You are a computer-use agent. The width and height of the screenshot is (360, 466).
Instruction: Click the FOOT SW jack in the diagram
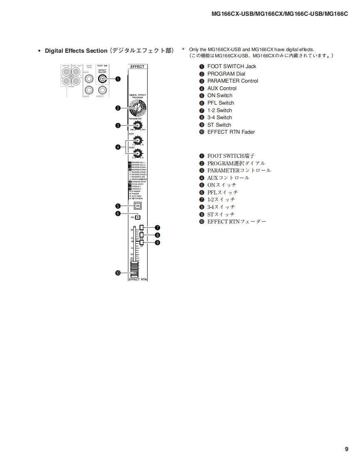tap(102, 78)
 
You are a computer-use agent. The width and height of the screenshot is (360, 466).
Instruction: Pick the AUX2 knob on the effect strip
tap(137, 153)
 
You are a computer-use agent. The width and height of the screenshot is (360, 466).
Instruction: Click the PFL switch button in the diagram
tap(138, 217)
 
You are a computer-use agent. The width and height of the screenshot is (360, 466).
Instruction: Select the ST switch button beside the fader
tap(142, 243)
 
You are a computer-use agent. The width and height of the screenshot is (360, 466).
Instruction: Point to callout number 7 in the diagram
tap(158, 228)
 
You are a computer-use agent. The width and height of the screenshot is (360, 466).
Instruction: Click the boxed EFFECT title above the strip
tap(137, 66)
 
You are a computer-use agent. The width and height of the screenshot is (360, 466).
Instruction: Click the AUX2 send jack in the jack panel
tap(88, 90)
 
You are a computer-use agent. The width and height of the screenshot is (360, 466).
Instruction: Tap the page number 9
tap(346, 449)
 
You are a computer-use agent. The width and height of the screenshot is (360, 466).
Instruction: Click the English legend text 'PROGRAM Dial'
tap(226, 74)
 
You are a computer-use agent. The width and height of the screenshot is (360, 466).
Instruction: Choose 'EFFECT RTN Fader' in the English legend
tap(231, 132)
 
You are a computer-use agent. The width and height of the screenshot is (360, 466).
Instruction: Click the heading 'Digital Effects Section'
tap(76, 51)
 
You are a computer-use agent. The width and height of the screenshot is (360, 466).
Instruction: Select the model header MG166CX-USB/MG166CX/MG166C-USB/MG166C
tap(279, 14)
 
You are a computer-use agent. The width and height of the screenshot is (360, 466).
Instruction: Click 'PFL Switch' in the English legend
tap(220, 103)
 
